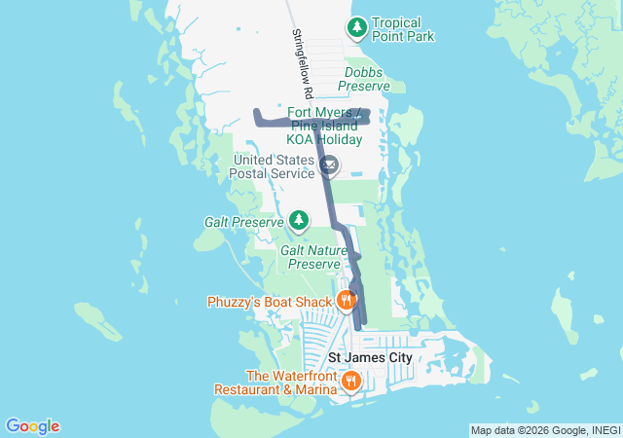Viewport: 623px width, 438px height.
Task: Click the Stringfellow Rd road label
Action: pyautogui.click(x=300, y=63)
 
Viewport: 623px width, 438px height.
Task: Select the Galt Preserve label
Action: pyautogui.click(x=243, y=222)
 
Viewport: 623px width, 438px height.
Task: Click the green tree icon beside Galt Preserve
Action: pyautogui.click(x=299, y=222)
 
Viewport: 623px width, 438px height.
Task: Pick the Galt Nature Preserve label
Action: pyautogui.click(x=311, y=257)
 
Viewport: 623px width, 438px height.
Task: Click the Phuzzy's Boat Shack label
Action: pyautogui.click(x=270, y=302)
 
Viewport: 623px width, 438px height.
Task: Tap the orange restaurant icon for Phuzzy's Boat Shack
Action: pyautogui.click(x=346, y=301)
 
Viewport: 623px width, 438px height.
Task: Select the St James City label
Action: pyautogui.click(x=370, y=357)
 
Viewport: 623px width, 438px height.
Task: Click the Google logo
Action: pyautogui.click(x=32, y=426)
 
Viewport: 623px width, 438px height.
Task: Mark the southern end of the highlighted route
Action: pyautogui.click(x=365, y=322)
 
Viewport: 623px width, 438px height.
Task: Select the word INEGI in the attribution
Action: pyautogui.click(x=605, y=430)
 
